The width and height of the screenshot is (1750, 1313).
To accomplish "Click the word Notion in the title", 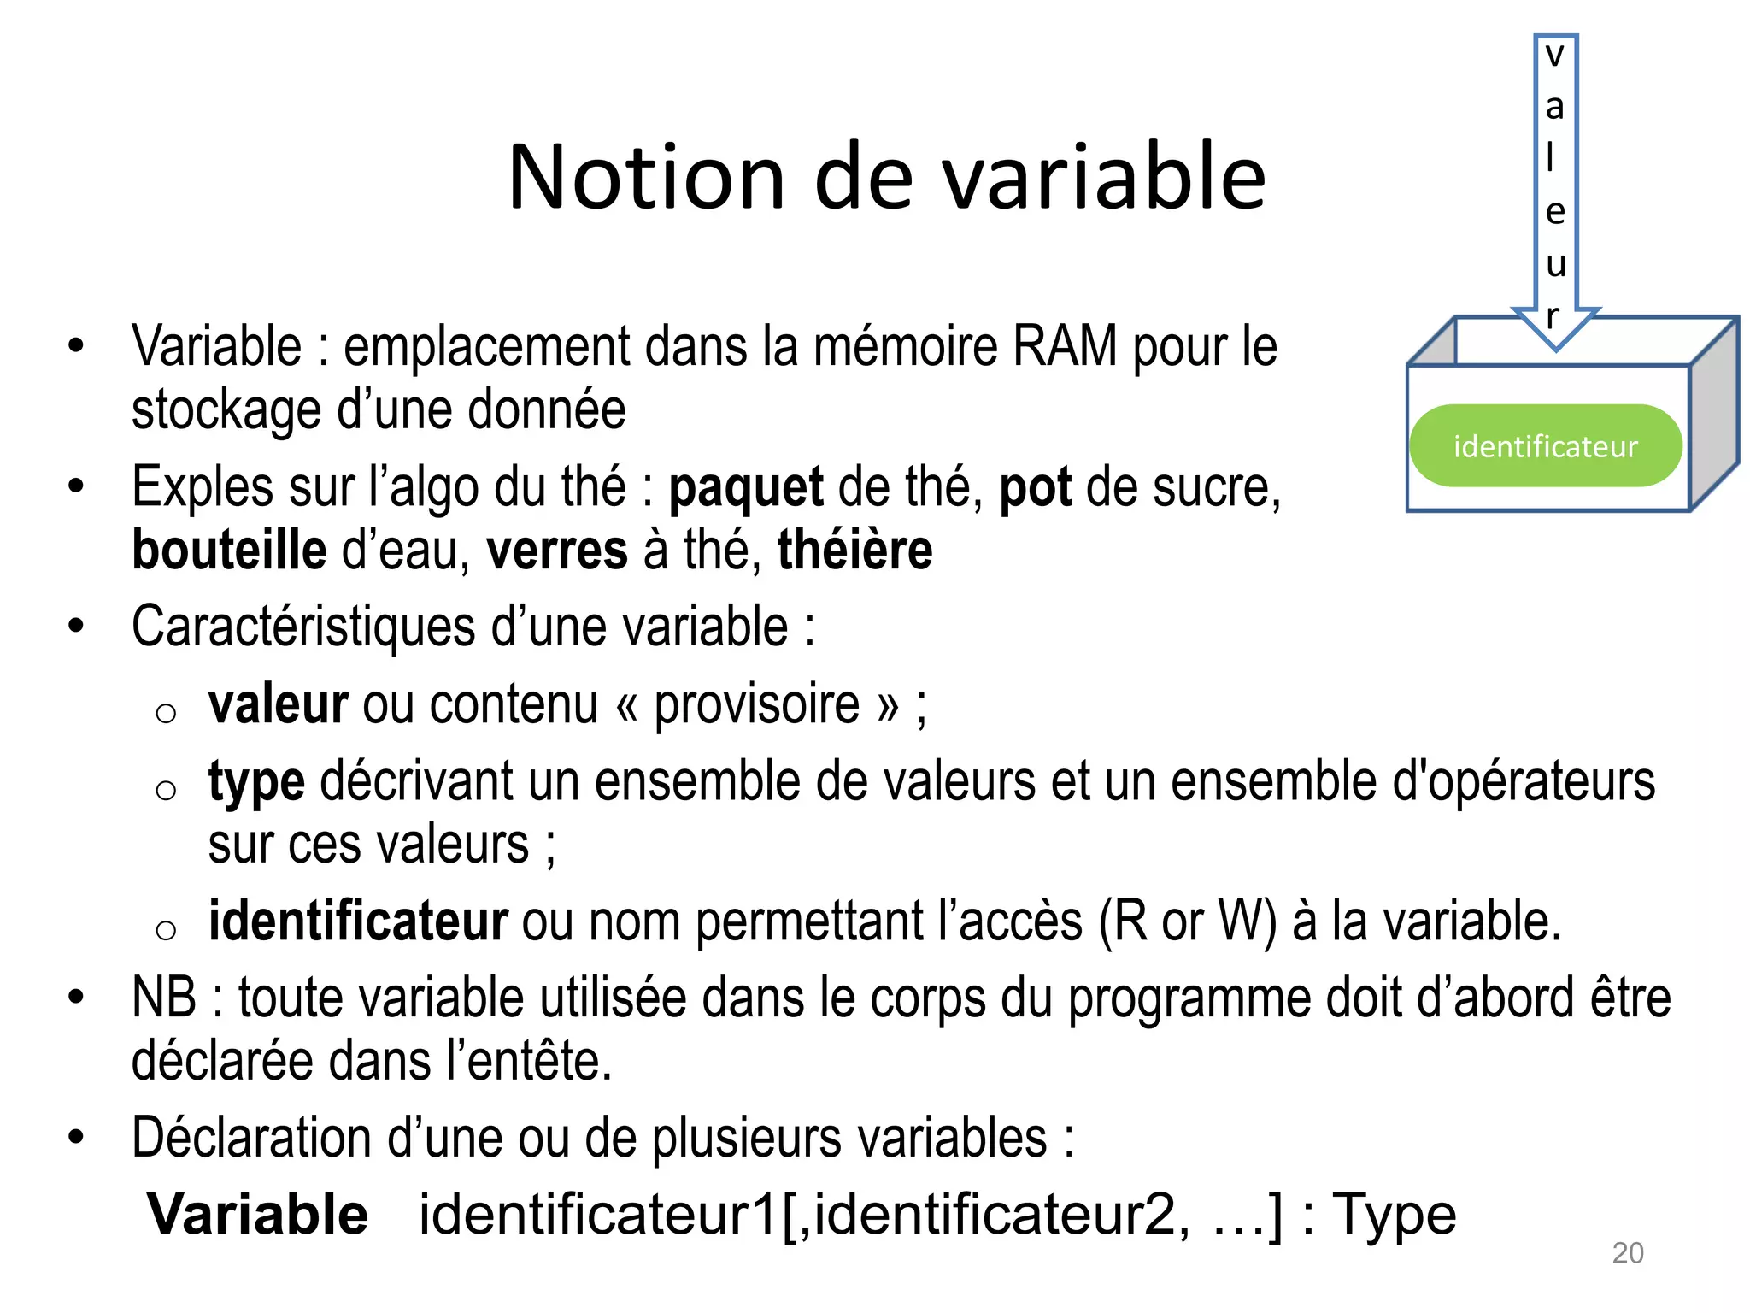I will (x=646, y=178).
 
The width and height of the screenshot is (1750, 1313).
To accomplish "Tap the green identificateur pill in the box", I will (x=1545, y=446).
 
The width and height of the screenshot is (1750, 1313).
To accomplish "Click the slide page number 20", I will (x=1627, y=1252).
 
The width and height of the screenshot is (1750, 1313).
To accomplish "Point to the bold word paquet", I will (x=745, y=488).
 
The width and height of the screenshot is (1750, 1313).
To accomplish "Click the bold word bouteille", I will (x=229, y=550).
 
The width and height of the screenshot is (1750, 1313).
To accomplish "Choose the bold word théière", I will (x=854, y=550).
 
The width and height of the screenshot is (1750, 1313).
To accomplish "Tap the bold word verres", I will (x=557, y=550).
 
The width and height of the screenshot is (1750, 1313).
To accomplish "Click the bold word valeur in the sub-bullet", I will (x=278, y=705).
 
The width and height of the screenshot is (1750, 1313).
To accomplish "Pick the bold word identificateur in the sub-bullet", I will (x=358, y=921).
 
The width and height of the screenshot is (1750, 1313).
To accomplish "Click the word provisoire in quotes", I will (x=756, y=705).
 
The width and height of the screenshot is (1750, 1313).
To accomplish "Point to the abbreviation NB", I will (x=164, y=998).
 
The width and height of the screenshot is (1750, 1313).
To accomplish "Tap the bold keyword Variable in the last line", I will (x=257, y=1214).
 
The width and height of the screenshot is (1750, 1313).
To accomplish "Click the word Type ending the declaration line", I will (x=1394, y=1214).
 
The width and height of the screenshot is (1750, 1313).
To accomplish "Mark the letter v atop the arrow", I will (x=1554, y=56).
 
